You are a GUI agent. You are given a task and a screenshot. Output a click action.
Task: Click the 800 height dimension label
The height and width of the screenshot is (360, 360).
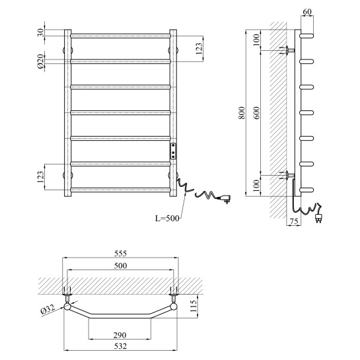[242, 113]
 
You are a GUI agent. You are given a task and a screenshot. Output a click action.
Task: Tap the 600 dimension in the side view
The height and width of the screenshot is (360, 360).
[257, 113]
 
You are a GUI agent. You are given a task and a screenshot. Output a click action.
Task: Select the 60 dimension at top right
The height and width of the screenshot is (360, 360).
[307, 11]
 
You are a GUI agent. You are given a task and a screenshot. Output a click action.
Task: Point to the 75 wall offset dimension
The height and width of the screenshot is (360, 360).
[294, 221]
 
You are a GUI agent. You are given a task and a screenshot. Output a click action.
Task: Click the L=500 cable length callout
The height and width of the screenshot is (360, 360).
[167, 218]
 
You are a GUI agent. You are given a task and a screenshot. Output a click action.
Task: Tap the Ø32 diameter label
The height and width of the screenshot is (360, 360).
[48, 310]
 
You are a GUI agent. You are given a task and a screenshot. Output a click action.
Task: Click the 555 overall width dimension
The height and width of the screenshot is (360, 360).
[120, 254]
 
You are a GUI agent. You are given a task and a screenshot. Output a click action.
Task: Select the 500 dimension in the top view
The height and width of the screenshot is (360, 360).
[120, 266]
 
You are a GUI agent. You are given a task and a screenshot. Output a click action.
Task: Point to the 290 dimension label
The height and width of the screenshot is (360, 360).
[120, 335]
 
